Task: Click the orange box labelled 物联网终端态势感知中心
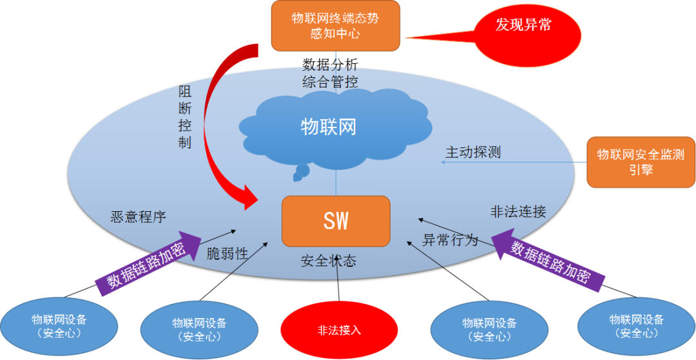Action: [335, 26]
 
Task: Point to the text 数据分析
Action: [330, 64]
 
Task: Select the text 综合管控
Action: [330, 82]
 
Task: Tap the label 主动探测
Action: [473, 153]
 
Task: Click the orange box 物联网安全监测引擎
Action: [641, 162]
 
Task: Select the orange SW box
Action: [336, 221]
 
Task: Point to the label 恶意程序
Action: [139, 217]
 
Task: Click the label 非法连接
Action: [518, 211]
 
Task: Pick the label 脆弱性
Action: [227, 253]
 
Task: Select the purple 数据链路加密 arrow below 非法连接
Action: [550, 260]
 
